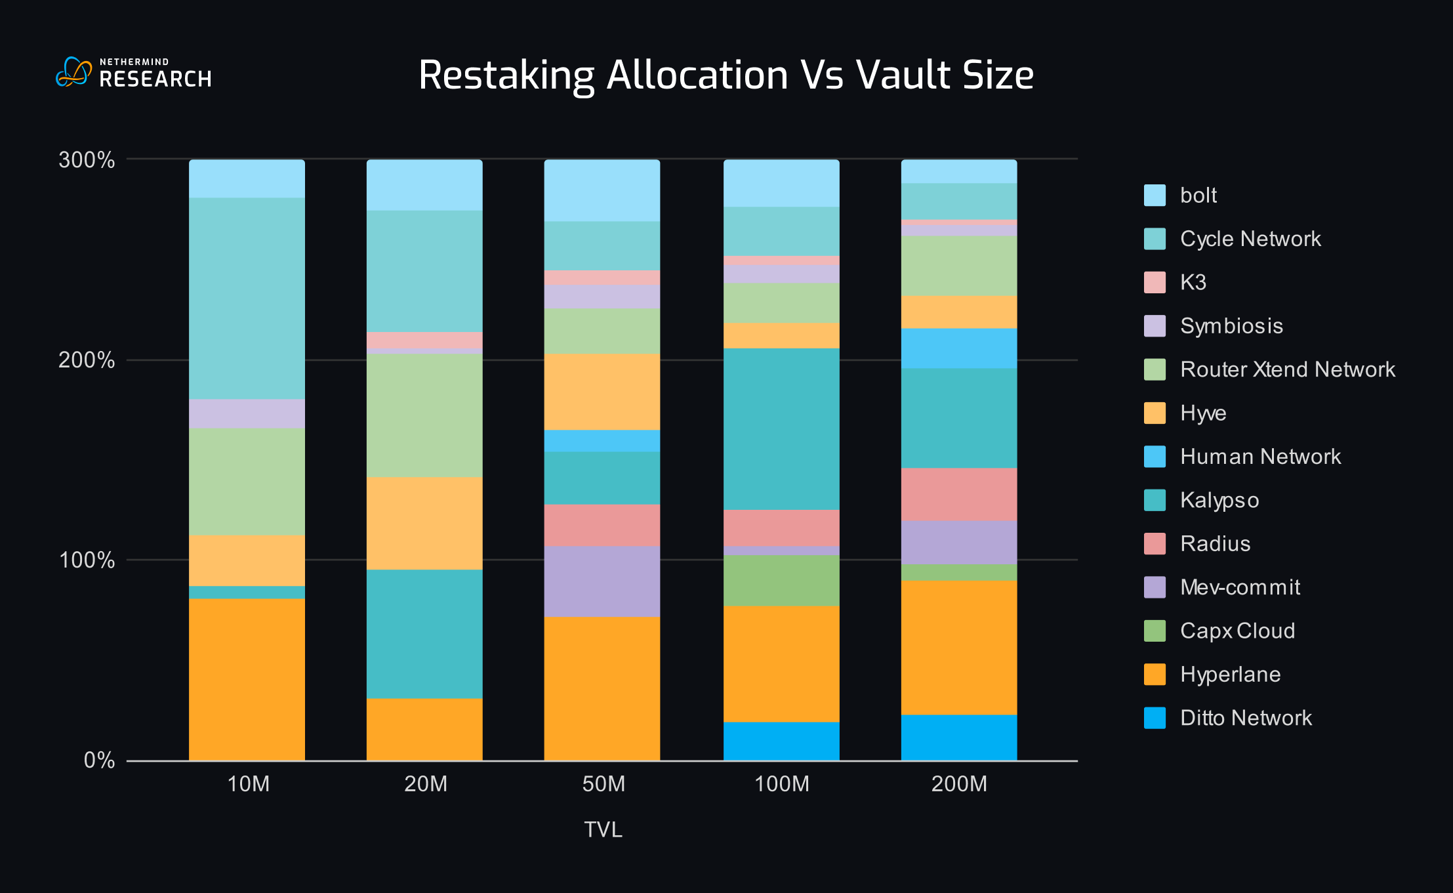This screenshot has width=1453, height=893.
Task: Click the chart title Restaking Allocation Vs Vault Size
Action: pos(726,75)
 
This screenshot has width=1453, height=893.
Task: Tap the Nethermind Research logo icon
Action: pos(73,72)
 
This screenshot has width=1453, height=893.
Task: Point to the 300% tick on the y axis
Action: pos(87,160)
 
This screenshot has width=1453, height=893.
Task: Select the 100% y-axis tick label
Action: pos(87,560)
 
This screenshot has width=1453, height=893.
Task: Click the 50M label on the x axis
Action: pos(603,784)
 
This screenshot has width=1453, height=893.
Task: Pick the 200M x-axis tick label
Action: pos(959,784)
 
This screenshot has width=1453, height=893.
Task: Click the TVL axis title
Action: pos(603,830)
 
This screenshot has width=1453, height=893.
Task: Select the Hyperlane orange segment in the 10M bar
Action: pos(247,679)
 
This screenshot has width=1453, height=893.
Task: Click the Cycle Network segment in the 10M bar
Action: pos(247,299)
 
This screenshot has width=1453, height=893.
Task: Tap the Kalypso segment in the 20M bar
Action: pos(424,633)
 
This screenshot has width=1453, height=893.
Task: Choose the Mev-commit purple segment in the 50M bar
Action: pos(602,581)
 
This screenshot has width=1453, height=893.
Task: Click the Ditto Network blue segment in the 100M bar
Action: pos(781,741)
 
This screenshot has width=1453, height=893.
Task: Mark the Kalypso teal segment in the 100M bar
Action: pos(781,429)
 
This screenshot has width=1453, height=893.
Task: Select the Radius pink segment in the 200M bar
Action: pos(959,494)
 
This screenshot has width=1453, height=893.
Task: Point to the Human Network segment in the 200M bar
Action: pos(959,348)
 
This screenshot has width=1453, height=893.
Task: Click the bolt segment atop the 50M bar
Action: pos(602,190)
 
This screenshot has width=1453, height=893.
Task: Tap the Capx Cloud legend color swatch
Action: pos(1155,631)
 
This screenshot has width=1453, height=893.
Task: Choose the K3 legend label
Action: pos(1193,282)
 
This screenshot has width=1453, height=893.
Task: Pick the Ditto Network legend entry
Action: pos(1245,718)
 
